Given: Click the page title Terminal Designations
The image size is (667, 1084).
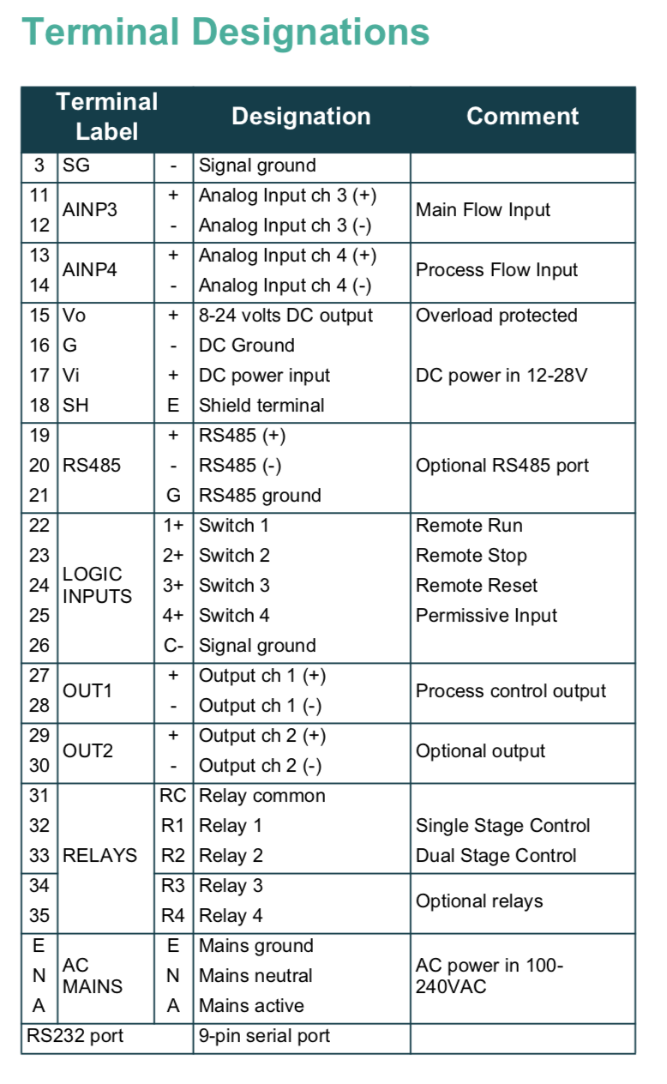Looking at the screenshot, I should point(225,33).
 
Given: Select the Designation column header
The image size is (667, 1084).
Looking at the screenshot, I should point(301,117).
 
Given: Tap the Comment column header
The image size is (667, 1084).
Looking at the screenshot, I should point(522,117).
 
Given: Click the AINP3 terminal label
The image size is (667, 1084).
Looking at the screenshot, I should point(90,210).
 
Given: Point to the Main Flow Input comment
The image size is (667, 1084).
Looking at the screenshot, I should point(483,210).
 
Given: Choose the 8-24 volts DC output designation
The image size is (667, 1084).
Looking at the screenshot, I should point(285,316).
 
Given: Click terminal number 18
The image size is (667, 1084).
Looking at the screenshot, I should point(39,406).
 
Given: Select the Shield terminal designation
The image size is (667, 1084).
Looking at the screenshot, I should point(261,406).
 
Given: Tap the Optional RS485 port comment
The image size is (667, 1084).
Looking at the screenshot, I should point(502,466).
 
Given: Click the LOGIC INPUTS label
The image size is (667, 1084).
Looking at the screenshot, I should point(97,585).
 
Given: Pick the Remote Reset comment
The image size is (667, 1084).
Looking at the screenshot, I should point(477,586).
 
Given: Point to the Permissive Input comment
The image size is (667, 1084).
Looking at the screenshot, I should point(486,616).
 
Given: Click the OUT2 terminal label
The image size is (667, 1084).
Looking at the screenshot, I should point(87,751).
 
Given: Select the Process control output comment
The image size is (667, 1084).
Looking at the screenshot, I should point(511,691).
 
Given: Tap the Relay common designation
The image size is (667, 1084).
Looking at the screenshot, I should point(261,796).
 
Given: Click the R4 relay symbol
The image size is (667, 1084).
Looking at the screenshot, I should point(173,916).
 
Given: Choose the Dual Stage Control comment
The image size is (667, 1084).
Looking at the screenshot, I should point(496,856).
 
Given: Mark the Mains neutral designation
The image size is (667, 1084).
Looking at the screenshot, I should point(255,976).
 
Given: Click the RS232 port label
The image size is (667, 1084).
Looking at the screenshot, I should point(75,1036).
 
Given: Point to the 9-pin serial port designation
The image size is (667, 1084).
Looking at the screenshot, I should point(264,1036).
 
